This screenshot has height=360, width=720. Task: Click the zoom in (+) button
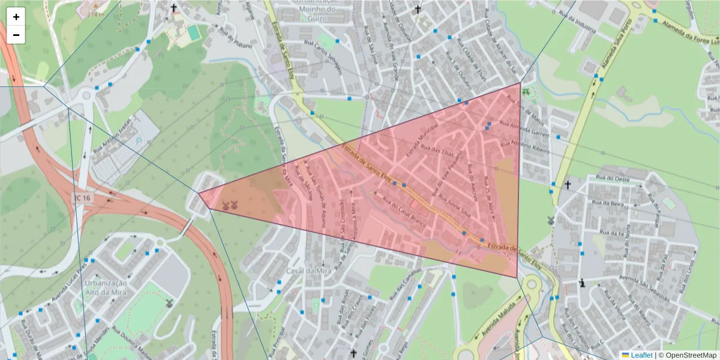(16, 17)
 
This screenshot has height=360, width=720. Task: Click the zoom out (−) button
(16, 35)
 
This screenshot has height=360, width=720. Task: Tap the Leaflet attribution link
(641, 355)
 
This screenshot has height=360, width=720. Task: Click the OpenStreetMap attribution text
(691, 355)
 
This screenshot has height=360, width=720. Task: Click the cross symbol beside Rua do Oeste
(568, 185)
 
